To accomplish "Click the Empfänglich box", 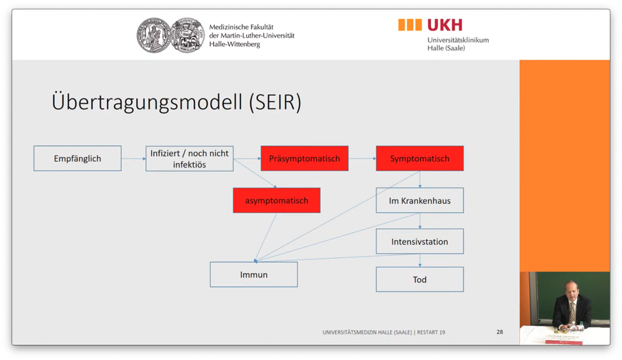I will pos(77,158).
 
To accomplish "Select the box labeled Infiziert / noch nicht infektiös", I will pos(190,158).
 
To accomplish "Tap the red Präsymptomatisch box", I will pos(304,158).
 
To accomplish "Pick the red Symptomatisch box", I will pos(420,158).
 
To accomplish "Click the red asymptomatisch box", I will pos(276,200).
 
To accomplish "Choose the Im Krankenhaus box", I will pos(420,200).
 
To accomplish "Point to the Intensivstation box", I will pos(420,242).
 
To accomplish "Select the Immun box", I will pos(253,274).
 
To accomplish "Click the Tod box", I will pos(420,279).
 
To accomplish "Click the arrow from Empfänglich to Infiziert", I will pos(134,159).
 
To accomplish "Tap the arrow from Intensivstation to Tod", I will pos(420,260).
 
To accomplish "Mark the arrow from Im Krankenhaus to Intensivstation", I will pos(420,221).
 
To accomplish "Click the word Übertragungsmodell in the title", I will pos(146,102).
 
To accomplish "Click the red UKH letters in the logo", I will pos(445,25).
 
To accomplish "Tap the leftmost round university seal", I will pos(152,35).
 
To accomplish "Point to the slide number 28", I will pos(499,332).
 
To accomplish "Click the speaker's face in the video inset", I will pos(571,290).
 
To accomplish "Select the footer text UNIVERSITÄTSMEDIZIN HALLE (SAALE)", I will pos(367,332).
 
